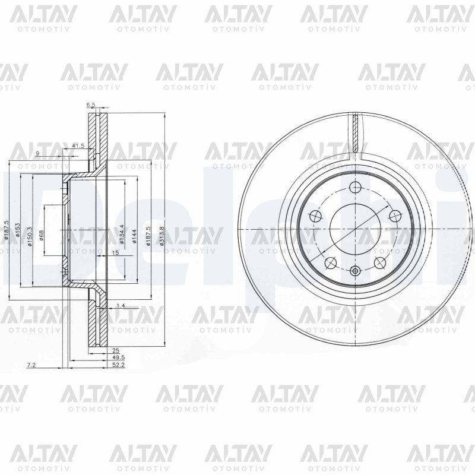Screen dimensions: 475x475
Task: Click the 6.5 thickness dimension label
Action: [x=91, y=105]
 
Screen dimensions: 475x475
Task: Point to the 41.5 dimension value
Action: [x=78, y=145]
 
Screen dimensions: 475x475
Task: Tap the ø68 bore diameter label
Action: [x=42, y=235]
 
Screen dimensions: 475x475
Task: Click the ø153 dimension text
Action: [x=18, y=230]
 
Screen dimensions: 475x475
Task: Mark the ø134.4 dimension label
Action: [x=122, y=234]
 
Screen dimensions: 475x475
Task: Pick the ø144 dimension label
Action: [x=135, y=236]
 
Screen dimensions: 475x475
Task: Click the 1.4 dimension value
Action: [x=121, y=305]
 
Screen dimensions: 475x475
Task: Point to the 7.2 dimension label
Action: [x=31, y=365]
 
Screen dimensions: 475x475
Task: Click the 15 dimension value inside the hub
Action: [x=116, y=253]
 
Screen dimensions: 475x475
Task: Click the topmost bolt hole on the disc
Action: [x=356, y=188]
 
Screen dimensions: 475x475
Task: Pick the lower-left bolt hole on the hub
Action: [x=331, y=262]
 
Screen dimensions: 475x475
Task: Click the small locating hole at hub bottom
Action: [x=356, y=271]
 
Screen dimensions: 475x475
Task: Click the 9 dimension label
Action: [x=37, y=154]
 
